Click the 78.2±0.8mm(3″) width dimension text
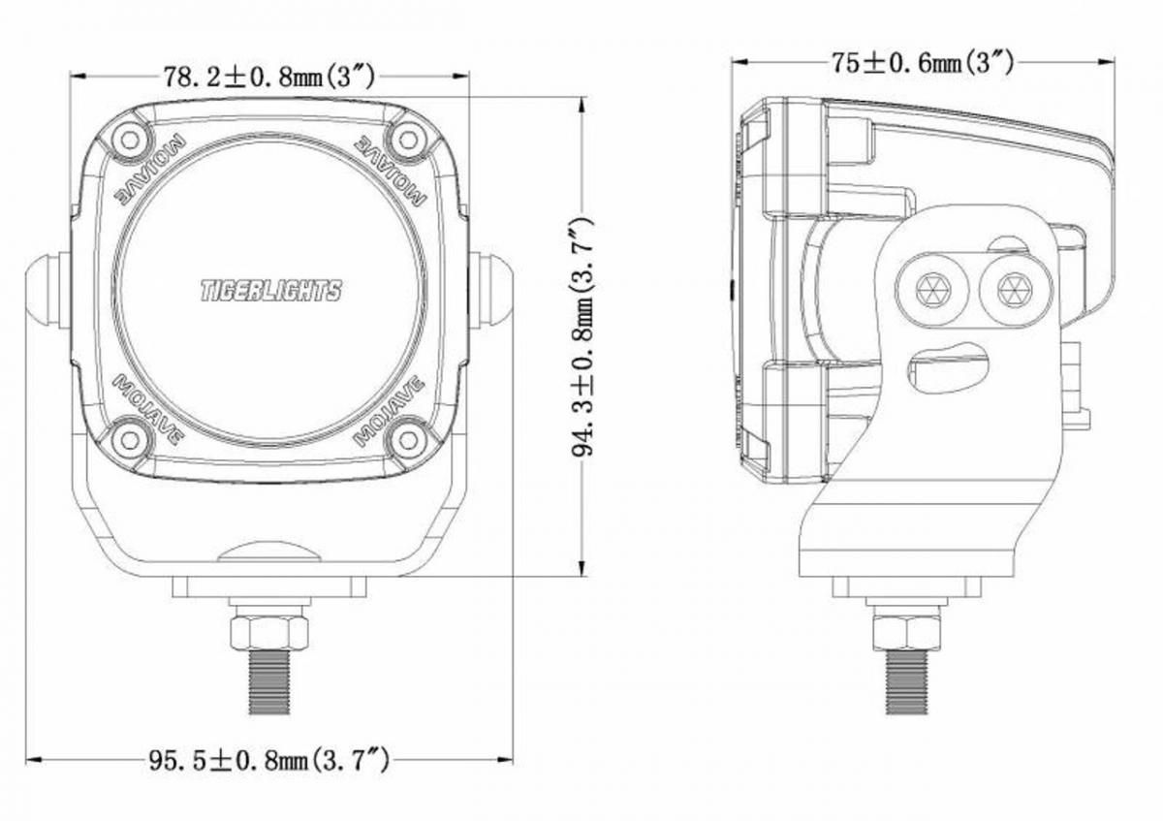(x=269, y=78)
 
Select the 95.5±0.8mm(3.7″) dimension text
(x=269, y=761)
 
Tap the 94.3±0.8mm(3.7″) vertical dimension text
(x=582, y=336)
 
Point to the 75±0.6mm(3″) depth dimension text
(x=923, y=63)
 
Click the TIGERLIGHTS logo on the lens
(x=271, y=291)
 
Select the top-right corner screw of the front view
(x=408, y=140)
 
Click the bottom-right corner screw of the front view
(x=408, y=439)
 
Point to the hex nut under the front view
(x=269, y=633)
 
